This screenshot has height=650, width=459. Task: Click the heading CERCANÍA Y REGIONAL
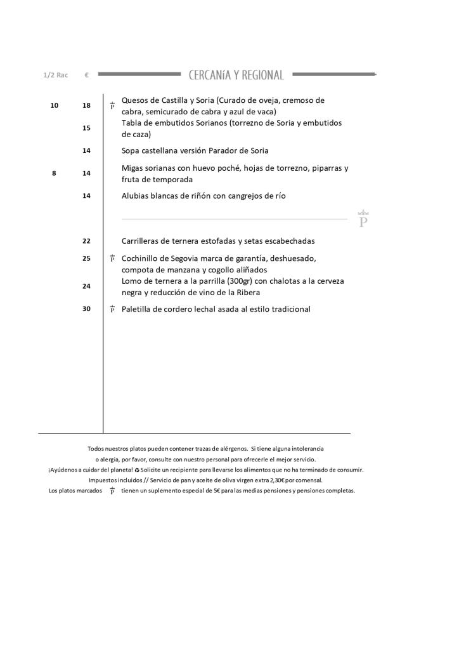[236, 75]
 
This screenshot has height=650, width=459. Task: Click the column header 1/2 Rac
[55, 75]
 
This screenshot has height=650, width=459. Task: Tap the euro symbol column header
[86, 75]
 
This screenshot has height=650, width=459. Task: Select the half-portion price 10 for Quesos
[54, 105]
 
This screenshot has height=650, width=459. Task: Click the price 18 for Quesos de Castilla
[86, 105]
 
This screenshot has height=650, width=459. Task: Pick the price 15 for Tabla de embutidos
[86, 128]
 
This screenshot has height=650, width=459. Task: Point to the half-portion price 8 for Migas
[54, 173]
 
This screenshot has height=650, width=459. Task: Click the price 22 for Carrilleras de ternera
[86, 241]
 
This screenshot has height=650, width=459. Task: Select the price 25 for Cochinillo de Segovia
[86, 258]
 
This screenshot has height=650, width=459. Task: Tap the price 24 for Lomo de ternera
[86, 286]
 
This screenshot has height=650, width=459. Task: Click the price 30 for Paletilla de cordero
[86, 309]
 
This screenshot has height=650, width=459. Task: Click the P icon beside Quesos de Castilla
[112, 105]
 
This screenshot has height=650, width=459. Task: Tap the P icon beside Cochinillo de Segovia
[112, 258]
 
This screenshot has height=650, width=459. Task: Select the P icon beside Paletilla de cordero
[112, 309]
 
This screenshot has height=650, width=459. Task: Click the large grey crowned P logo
[363, 219]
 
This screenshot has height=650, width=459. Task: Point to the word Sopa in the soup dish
[131, 151]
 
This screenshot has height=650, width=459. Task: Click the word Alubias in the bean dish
[136, 196]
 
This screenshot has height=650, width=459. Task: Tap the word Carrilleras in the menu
[142, 241]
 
